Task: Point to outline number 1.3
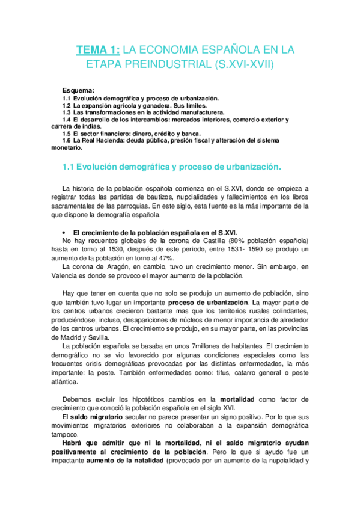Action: (x=67, y=112)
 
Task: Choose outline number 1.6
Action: (x=67, y=141)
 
